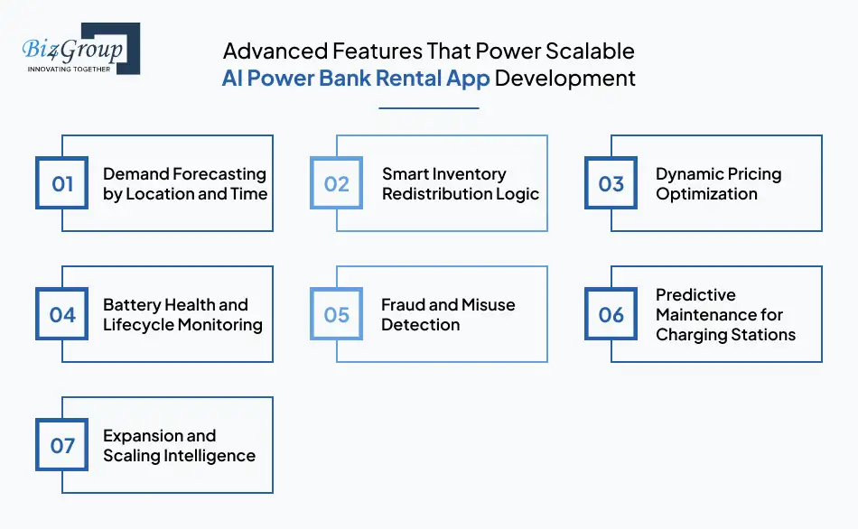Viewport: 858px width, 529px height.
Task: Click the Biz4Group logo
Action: tap(78, 49)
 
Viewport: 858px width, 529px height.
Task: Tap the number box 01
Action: tap(62, 184)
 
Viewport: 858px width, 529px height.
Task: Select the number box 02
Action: tap(337, 184)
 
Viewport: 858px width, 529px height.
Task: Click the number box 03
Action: tap(611, 184)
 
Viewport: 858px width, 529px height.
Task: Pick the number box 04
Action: tap(62, 315)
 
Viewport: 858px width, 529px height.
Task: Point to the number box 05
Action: tap(337, 315)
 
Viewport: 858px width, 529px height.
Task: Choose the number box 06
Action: tap(611, 315)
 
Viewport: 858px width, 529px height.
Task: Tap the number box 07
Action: tap(62, 446)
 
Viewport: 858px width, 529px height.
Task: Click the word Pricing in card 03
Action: tap(751, 174)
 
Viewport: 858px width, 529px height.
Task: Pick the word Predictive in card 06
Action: tap(695, 295)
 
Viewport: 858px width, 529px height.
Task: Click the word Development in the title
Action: tap(565, 79)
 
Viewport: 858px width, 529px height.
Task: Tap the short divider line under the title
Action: tap(428, 108)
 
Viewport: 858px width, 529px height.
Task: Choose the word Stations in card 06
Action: tap(763, 335)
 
